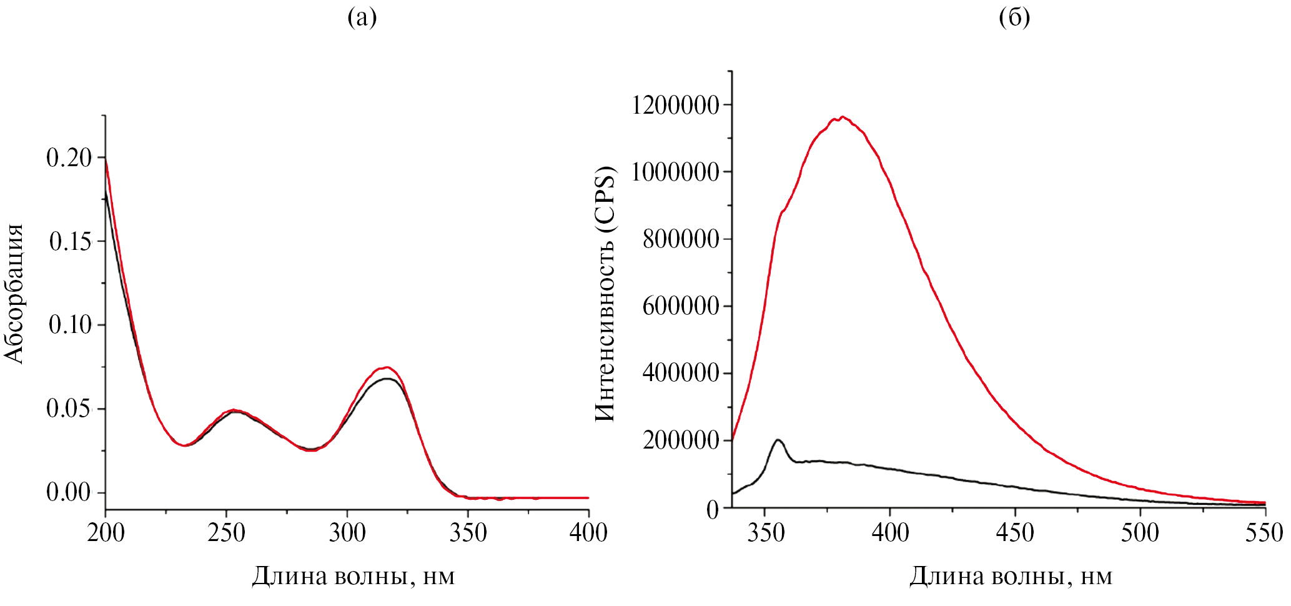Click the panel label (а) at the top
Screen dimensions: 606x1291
(x=362, y=17)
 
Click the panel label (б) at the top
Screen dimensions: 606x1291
(x=1014, y=17)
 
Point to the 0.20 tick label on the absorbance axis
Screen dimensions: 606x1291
(x=69, y=158)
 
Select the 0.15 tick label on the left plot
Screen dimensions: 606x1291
(x=70, y=242)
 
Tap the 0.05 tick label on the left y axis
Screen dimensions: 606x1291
(x=69, y=409)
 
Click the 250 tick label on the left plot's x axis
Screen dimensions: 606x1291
(x=227, y=533)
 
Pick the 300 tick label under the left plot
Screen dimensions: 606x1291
(x=347, y=533)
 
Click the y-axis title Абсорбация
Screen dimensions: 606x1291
(x=14, y=294)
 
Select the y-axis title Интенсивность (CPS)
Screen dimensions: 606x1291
(x=605, y=294)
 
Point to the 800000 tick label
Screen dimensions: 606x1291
(x=681, y=239)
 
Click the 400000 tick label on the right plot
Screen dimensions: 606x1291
(x=681, y=374)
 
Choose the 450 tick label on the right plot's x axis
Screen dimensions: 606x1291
(x=1015, y=533)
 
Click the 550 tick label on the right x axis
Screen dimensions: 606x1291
(x=1265, y=533)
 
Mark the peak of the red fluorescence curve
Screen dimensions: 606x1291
(x=843, y=117)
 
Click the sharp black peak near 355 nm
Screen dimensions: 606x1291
(x=778, y=440)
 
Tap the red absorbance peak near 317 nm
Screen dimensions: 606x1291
(x=387, y=367)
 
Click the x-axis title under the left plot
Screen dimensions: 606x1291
(x=354, y=576)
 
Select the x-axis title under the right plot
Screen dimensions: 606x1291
(x=1011, y=576)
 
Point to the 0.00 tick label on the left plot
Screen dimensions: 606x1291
(x=69, y=493)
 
